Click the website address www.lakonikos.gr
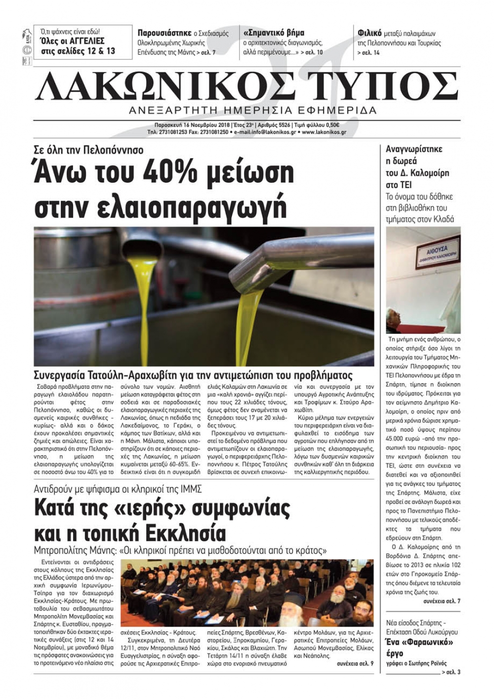click(324, 132)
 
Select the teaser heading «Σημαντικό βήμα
click(274, 33)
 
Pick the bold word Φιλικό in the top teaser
click(370, 34)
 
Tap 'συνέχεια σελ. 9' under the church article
click(355, 663)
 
